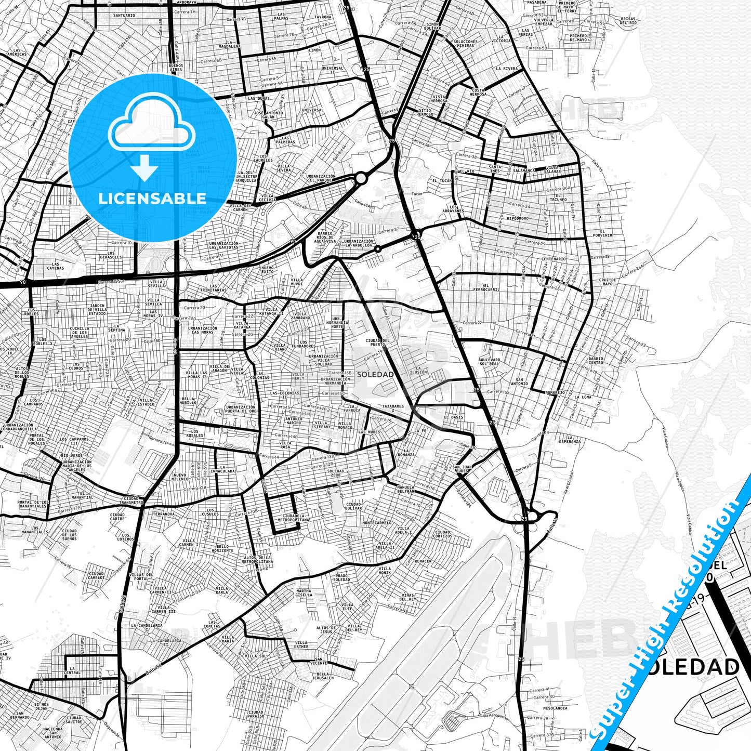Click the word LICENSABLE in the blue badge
coord(152,198)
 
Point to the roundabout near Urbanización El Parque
coord(361,179)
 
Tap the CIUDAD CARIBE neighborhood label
coord(118,517)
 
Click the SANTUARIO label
coord(124,16)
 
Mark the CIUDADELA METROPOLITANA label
coord(293,518)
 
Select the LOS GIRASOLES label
coord(111,255)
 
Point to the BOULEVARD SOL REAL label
coord(489,362)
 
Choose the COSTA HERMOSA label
coord(478,92)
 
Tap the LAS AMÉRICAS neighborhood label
coord(17,52)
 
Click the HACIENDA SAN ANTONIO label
coord(53,733)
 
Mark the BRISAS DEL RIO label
coord(628,21)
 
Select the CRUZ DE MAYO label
coord(607,282)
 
